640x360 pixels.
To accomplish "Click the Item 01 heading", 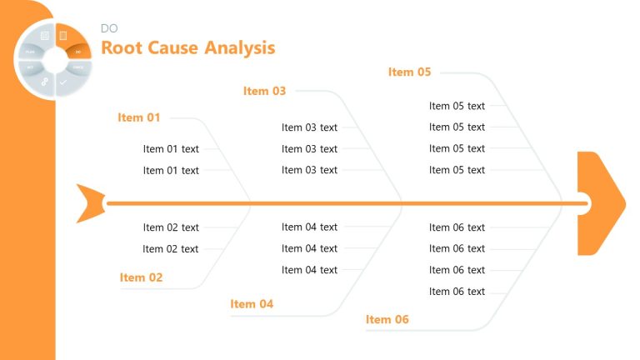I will point(139,117).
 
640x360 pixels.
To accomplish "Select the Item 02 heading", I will point(141,277).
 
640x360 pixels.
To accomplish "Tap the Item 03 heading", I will point(264,91).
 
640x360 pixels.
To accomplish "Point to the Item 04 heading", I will point(252,304).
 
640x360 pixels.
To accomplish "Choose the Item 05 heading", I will point(409,72).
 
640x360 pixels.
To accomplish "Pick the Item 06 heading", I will point(387,319).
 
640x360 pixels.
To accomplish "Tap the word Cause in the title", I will point(177,48).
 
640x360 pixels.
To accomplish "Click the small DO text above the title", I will point(109,28).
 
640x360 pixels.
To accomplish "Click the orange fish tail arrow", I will point(90,202).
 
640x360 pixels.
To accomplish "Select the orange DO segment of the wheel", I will point(77,50).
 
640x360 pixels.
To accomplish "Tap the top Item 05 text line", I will point(457,106).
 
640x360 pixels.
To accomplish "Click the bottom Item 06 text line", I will point(457,292).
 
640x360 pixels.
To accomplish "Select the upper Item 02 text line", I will point(171,227).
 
